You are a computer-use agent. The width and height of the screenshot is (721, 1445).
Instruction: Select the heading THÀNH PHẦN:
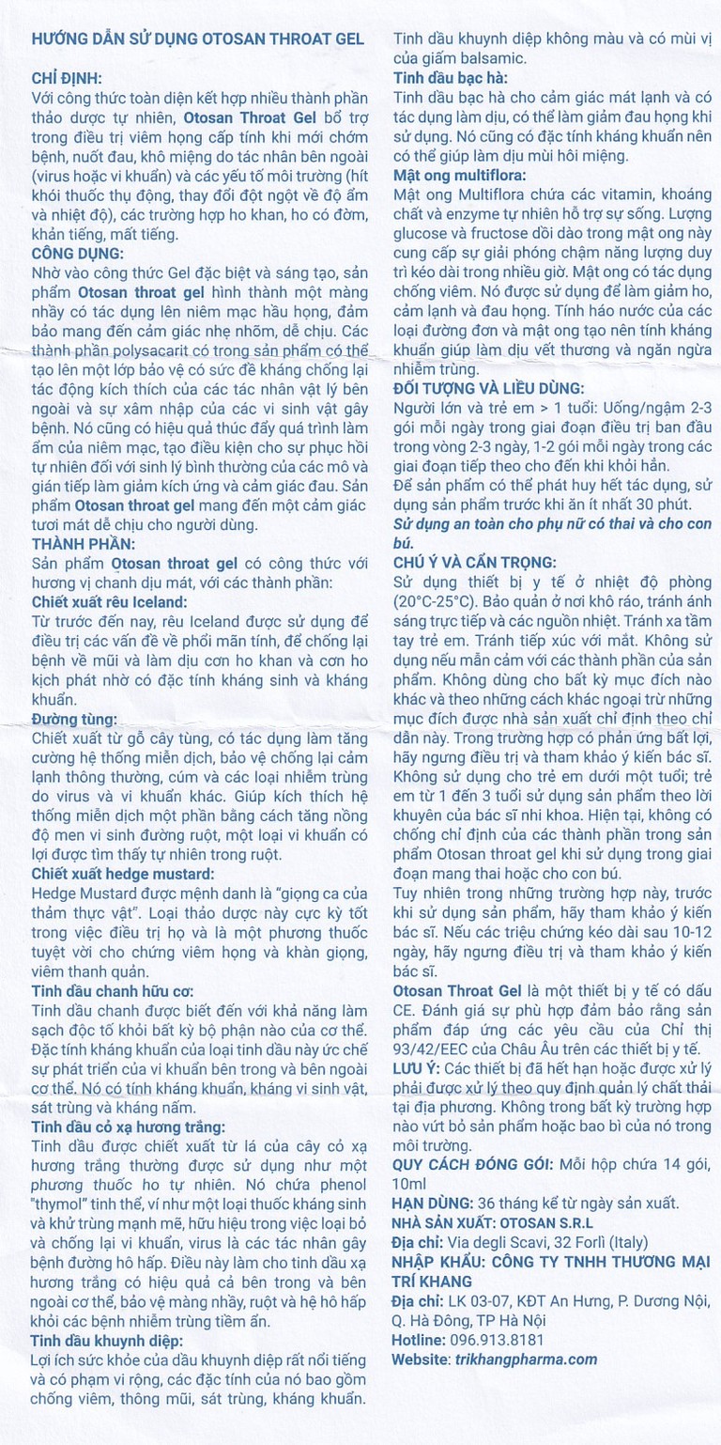click(83, 544)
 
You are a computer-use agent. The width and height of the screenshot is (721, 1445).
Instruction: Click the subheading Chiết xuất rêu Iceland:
click(109, 600)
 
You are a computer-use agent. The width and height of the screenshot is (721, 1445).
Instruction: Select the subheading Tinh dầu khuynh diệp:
click(107, 1341)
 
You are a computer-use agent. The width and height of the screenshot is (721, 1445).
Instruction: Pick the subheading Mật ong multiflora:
click(460, 176)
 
